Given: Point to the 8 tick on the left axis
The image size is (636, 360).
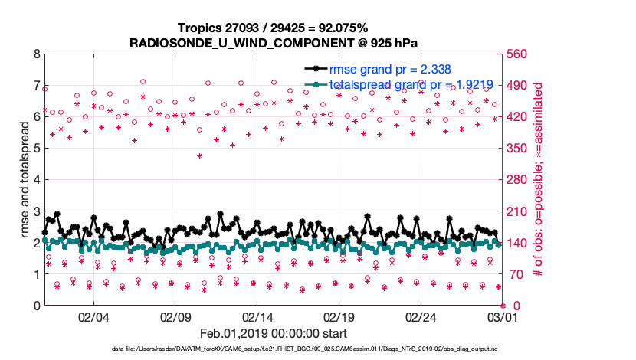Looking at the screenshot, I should coord(37,55).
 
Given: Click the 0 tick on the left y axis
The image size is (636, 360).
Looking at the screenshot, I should coord(37,306).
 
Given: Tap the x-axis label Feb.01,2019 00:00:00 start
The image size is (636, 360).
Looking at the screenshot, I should coord(274,334).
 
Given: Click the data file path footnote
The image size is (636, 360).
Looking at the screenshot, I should coord(274,350).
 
